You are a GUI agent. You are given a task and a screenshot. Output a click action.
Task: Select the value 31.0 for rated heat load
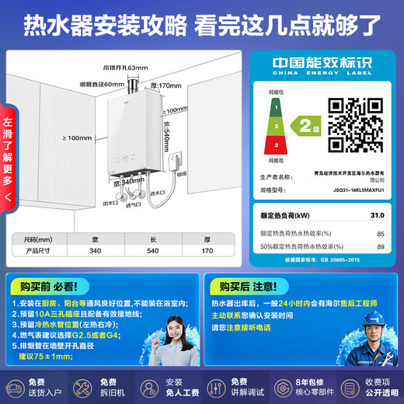coord(377,214)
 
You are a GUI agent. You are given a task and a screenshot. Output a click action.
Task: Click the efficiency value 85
coord(380,232)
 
